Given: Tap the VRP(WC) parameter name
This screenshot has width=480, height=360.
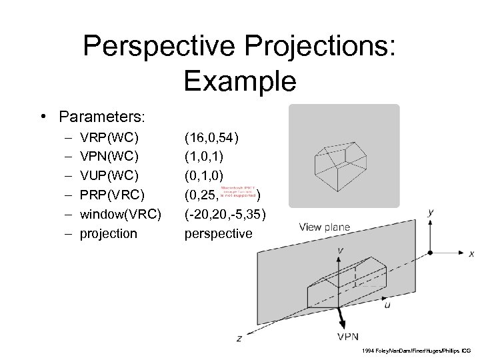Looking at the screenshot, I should coord(109,139).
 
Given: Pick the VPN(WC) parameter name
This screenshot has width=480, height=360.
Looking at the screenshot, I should coord(109,157).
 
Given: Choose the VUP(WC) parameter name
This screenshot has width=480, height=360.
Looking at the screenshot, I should coord(109,177).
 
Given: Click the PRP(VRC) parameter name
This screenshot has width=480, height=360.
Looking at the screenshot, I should coord(111,195).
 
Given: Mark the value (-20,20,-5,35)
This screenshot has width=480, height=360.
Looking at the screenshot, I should coord(225,214).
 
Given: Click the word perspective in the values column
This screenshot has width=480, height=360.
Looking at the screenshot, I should coord(218,233).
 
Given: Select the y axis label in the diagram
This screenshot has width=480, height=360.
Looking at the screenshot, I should coord(431,213).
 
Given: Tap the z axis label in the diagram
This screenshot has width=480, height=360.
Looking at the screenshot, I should coord(239,339).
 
